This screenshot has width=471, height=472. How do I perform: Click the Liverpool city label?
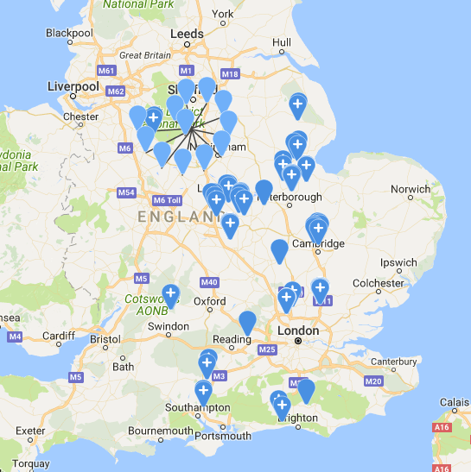point(73,87)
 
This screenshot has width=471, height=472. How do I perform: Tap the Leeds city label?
point(188,35)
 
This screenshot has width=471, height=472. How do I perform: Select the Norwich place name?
point(410,189)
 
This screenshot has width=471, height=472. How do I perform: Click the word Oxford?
point(209,301)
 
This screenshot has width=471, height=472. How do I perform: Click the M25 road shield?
point(266,349)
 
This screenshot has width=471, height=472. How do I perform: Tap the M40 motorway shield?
point(208,282)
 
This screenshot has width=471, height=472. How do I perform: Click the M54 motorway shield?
point(127,192)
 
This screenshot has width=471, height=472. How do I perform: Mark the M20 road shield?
point(373,381)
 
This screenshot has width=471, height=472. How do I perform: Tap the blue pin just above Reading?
point(248,321)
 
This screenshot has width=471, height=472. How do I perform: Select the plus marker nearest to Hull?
point(297,104)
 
